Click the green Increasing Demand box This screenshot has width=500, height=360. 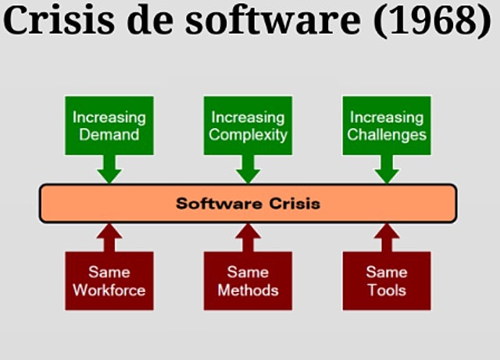coord(109,125)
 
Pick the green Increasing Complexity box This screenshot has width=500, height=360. coord(248,125)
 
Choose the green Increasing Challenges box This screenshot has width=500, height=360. coord(387,125)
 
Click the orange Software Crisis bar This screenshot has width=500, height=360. coord(248,204)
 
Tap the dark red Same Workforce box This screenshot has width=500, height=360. coord(109,281)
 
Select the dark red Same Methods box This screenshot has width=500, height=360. coord(248,281)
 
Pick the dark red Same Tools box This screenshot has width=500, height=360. coord(387,281)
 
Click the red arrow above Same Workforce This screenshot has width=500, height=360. coord(109,237)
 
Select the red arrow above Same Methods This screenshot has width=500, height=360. coord(248,237)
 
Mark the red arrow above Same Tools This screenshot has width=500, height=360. coord(387,237)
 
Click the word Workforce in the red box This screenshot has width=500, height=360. coord(109,290)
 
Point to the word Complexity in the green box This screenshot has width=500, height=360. coord(248,134)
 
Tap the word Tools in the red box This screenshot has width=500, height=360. coord(387,290)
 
